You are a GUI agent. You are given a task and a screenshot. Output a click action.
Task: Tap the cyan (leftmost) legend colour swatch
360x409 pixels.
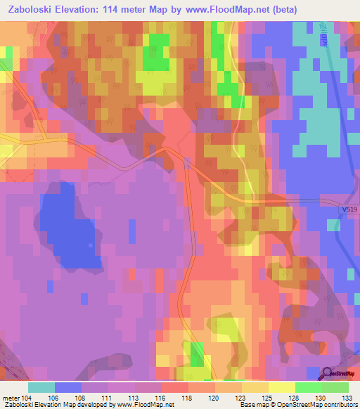pyautogui.click(x=41, y=387)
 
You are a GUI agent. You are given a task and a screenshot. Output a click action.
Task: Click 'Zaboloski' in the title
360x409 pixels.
pyautogui.click(x=31, y=10)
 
